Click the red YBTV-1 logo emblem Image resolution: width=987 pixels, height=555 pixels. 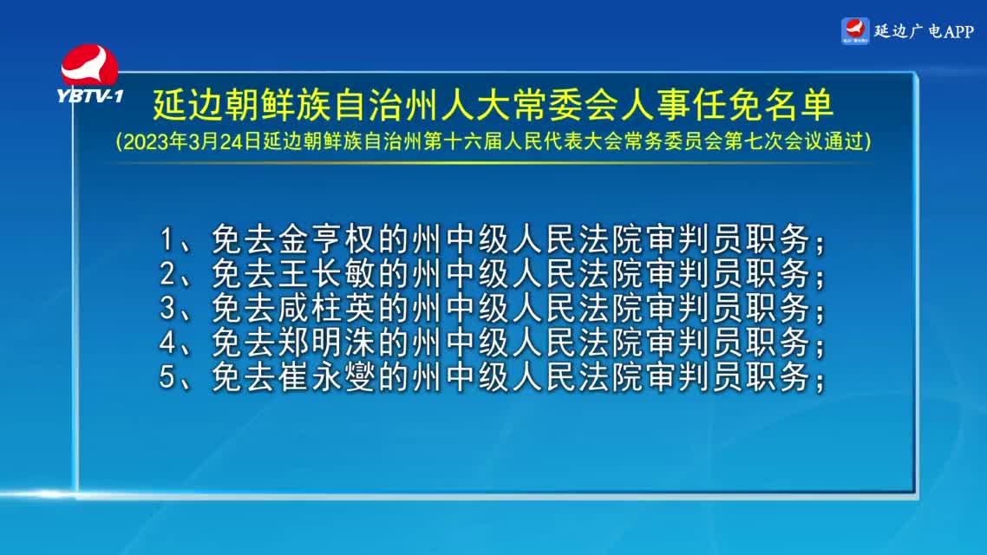89,65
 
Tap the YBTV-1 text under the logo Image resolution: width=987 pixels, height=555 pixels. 90,95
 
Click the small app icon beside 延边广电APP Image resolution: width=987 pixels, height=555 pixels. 855,31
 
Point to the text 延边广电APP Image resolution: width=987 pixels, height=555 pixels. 924,31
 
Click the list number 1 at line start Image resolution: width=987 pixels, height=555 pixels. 167,239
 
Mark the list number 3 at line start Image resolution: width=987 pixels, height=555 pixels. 167,309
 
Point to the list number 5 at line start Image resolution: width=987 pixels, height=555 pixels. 167,377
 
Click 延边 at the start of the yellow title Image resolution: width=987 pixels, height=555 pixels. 188,105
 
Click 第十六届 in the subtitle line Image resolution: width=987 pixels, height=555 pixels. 462,141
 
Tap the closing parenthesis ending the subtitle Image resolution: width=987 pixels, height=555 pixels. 868,141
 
